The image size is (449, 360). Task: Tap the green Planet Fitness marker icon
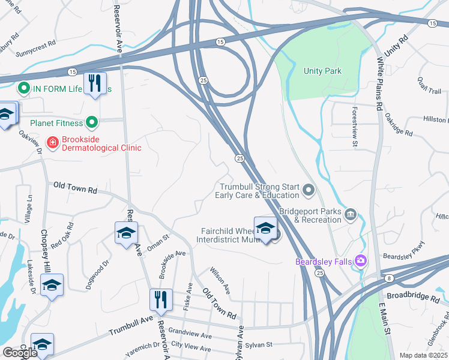coord(92,123)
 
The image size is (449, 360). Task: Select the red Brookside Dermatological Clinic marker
coord(53,143)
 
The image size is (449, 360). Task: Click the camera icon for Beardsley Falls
coord(360,260)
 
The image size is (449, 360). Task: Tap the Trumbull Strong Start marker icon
coord(309,191)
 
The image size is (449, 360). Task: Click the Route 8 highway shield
coord(389,278)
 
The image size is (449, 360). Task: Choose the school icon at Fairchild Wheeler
coord(265,229)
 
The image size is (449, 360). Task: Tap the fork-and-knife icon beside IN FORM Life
coord(95,84)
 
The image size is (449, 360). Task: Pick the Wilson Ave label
coord(220,280)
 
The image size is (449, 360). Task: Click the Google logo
coord(20,353)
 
